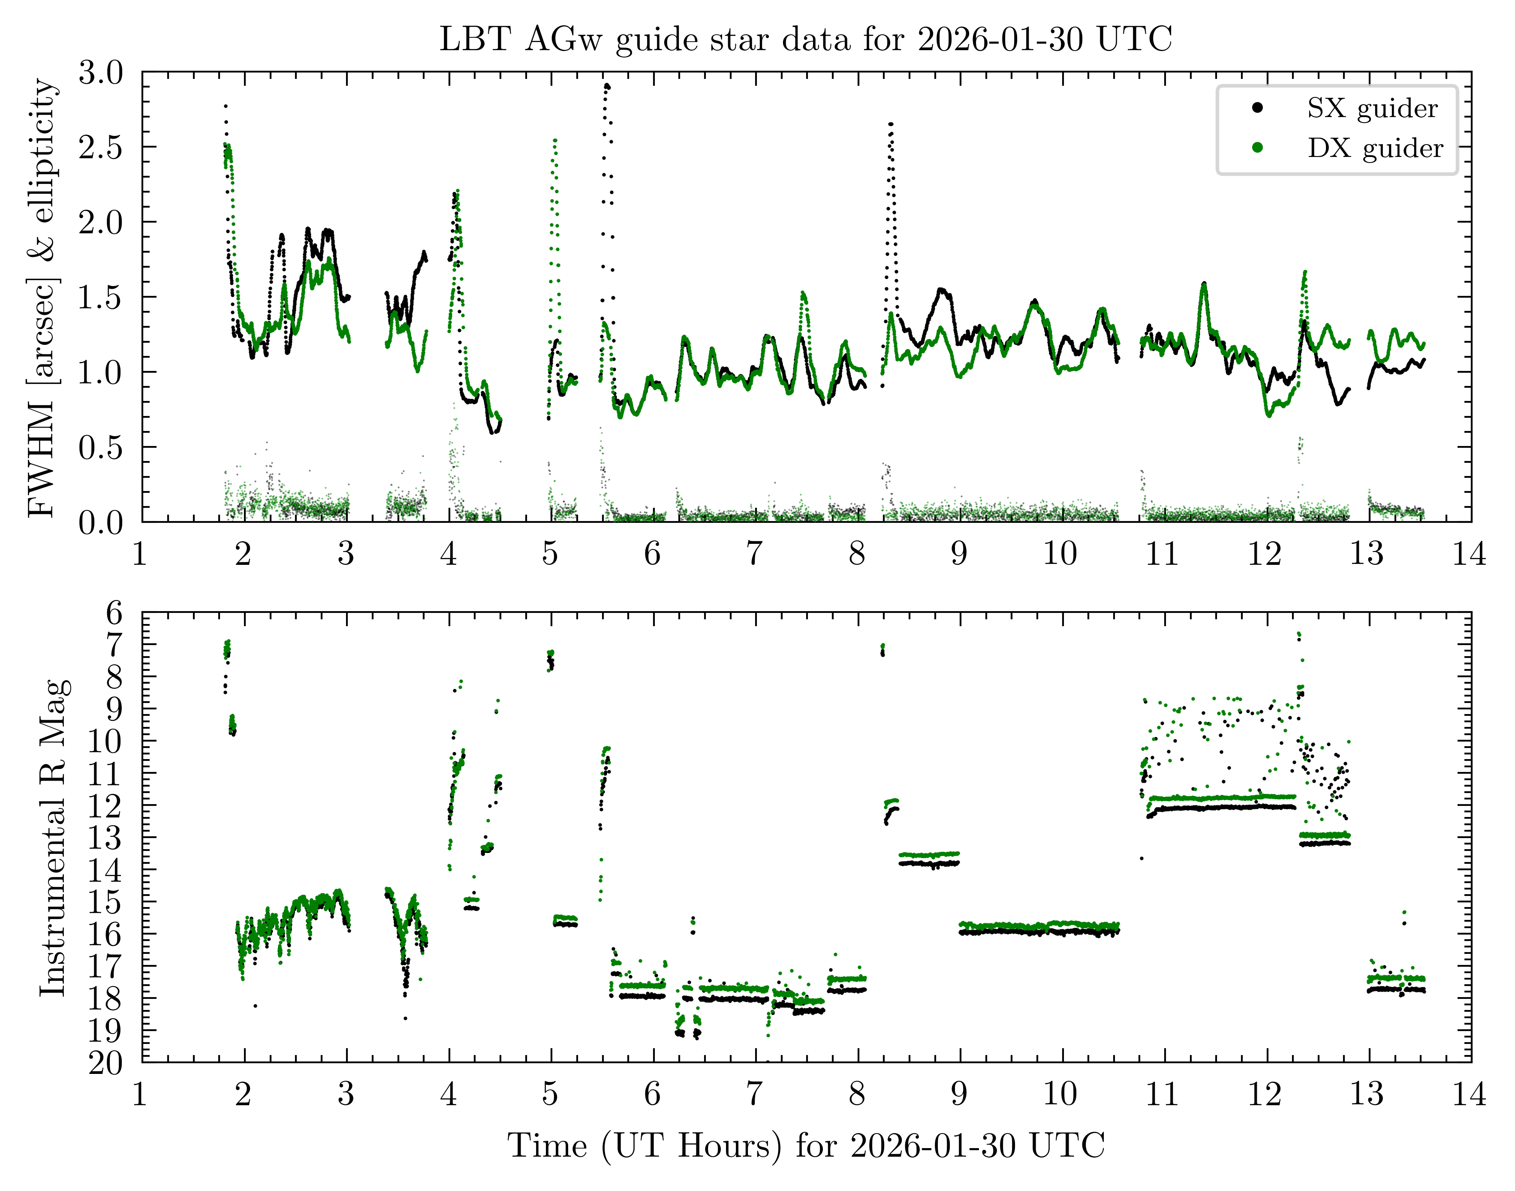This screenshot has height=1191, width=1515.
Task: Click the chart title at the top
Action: [805, 39]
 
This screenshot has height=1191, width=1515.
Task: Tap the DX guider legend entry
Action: [1374, 148]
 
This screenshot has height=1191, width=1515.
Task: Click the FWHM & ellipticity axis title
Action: [43, 298]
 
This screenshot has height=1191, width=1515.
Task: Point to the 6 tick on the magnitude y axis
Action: [114, 614]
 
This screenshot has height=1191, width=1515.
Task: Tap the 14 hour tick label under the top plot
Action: [1470, 555]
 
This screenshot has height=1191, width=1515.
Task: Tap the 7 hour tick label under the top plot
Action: [754, 555]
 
